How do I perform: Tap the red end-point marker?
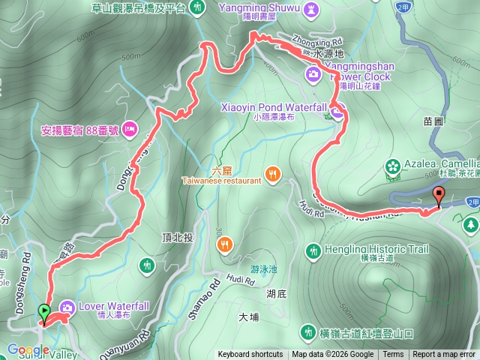(x=439, y=196)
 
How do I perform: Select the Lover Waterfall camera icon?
(x=67, y=307)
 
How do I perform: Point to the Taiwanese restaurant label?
(x=221, y=181)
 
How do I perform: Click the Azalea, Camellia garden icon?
(x=391, y=164)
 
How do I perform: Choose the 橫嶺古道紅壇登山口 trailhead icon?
(x=307, y=331)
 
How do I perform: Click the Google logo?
(x=28, y=350)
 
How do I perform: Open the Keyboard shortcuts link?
(x=250, y=355)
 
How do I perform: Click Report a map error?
(x=445, y=355)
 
